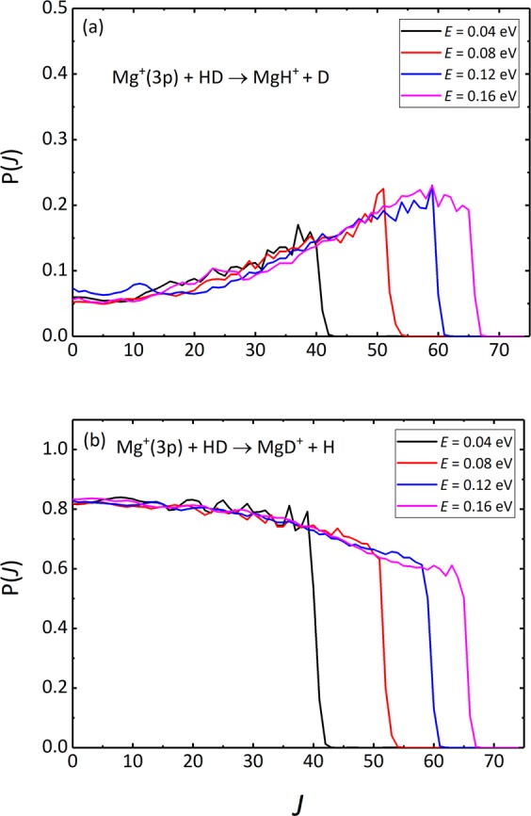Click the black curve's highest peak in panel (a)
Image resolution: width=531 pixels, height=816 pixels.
pyautogui.click(x=298, y=225)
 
